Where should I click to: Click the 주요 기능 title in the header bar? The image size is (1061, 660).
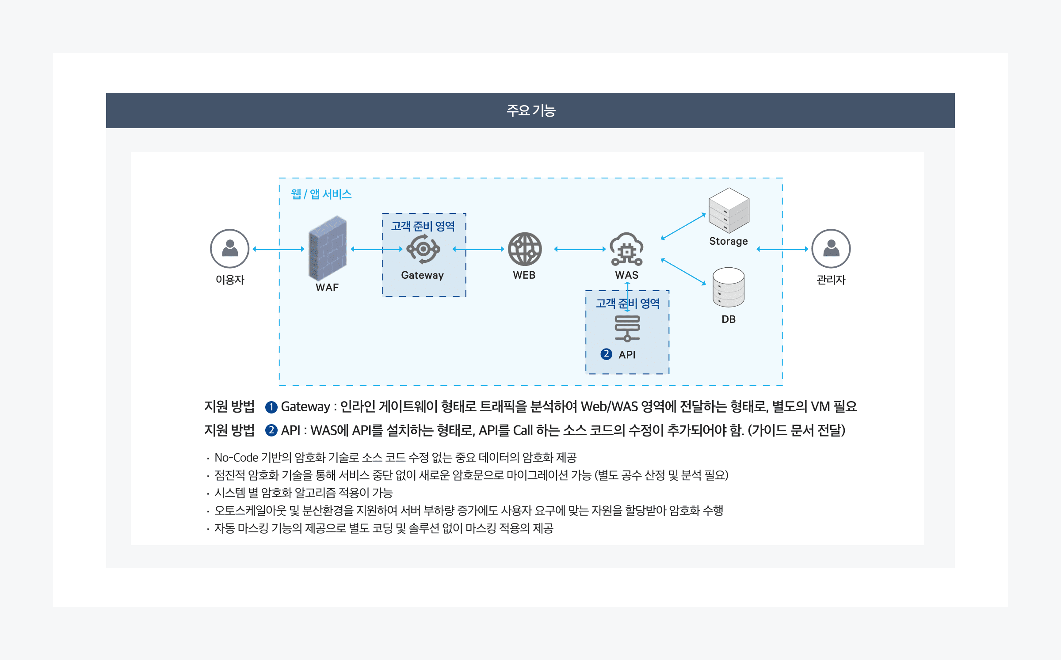(x=530, y=110)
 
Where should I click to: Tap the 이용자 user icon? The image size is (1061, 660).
(x=229, y=248)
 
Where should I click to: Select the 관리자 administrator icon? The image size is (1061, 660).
(x=831, y=248)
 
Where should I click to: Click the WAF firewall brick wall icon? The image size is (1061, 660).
(x=327, y=248)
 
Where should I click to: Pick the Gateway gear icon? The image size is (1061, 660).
(x=423, y=249)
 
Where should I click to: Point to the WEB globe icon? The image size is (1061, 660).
(x=524, y=249)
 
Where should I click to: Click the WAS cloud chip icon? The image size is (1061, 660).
(x=626, y=249)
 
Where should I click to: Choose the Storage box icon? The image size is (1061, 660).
(x=729, y=210)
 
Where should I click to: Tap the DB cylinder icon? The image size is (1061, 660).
(x=729, y=287)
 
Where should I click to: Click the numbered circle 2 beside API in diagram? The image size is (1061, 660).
(x=606, y=354)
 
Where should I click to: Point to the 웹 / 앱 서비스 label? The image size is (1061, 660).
(x=321, y=194)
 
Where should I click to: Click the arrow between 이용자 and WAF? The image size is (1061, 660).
(x=279, y=249)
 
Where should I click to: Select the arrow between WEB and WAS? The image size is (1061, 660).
(x=580, y=249)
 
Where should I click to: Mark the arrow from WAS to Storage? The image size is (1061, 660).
(x=683, y=227)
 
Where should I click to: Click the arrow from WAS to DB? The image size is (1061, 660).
(x=683, y=272)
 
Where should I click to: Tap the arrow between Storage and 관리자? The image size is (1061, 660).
(x=782, y=249)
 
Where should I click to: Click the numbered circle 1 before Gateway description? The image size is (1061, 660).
(x=271, y=407)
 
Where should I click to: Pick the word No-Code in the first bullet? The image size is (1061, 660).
(x=236, y=458)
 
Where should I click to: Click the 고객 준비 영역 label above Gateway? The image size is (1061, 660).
(x=423, y=226)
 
